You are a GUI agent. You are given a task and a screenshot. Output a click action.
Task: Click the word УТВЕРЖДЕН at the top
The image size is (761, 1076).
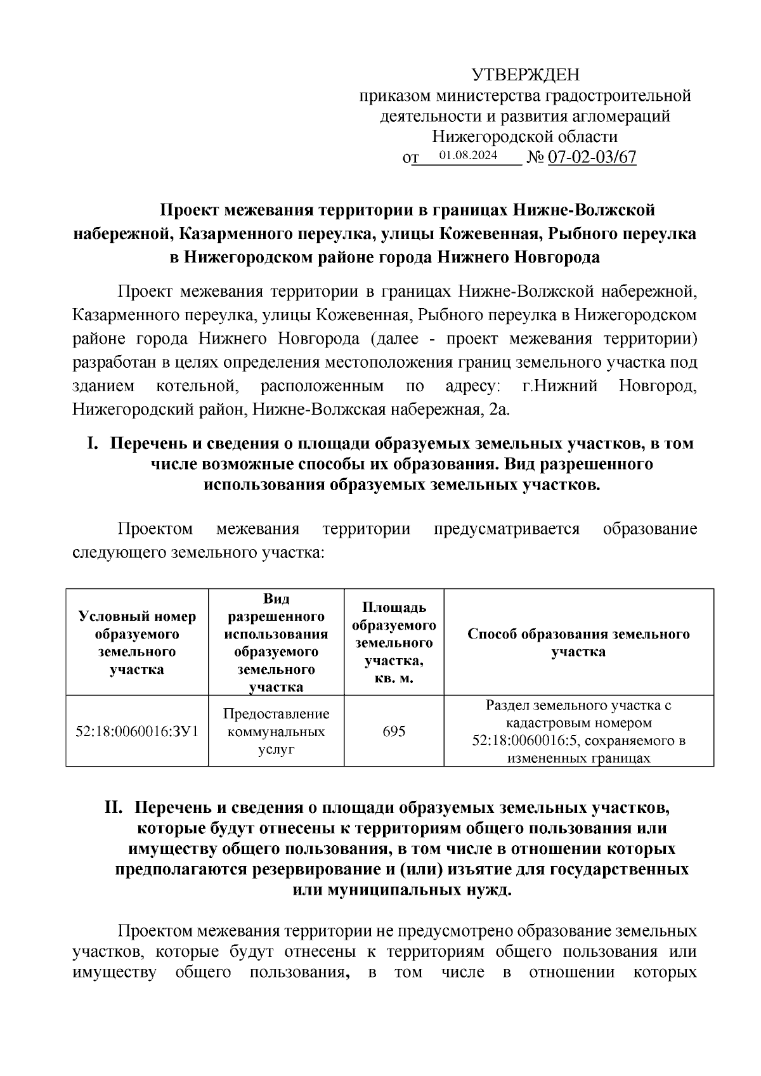click(x=525, y=75)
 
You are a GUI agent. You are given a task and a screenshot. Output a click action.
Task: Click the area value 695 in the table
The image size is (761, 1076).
click(x=394, y=731)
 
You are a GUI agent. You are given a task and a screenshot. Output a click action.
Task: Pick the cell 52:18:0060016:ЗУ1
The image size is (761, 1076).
click(x=137, y=731)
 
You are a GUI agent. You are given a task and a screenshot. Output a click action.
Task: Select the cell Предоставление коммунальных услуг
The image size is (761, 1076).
click(x=276, y=731)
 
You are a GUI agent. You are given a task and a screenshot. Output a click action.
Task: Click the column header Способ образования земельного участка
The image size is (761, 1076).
click(x=578, y=642)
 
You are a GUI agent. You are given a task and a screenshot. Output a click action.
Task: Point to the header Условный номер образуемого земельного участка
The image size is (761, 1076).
click(x=137, y=642)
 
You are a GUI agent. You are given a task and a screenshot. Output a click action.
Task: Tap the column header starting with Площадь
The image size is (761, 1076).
click(x=394, y=642)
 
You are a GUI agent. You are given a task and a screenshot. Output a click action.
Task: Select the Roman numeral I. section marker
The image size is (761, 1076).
click(x=93, y=444)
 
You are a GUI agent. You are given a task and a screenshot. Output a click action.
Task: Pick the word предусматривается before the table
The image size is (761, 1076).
click(x=507, y=529)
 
